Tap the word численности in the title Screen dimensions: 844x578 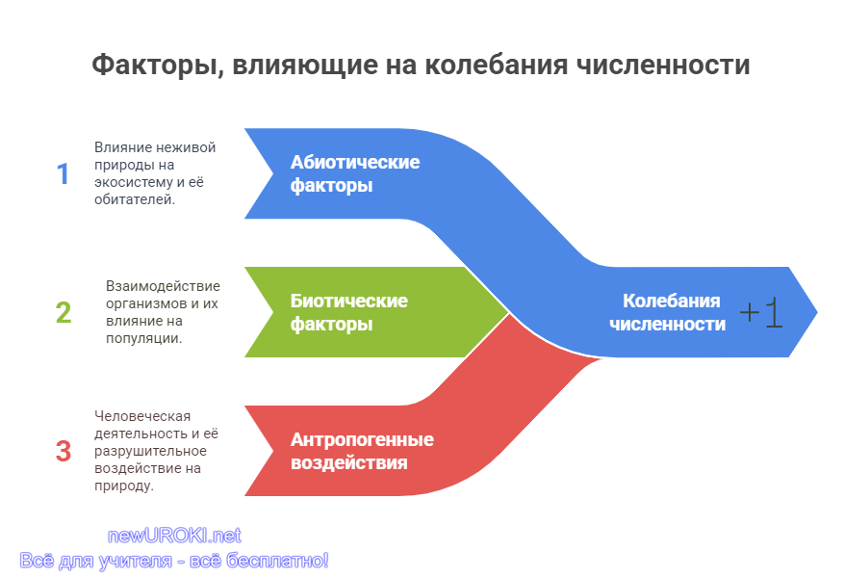pos(663,66)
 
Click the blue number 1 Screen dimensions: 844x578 pos(64,174)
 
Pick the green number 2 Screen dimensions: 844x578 pos(64,312)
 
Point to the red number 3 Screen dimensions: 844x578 pos(64,451)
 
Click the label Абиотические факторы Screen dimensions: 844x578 pos(355,173)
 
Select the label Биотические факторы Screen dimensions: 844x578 pos(348,312)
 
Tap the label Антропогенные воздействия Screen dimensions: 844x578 pos(362,451)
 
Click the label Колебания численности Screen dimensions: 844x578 pos(668,312)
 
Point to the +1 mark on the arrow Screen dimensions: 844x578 pos(761,312)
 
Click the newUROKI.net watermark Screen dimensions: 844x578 pos(174,536)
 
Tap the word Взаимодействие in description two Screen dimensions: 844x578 pos(163,285)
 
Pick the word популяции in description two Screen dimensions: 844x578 pos(143,338)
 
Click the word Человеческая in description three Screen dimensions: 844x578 pos(142,416)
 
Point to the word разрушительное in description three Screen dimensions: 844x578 pos(151,451)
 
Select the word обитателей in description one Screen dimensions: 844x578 pos(135,199)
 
